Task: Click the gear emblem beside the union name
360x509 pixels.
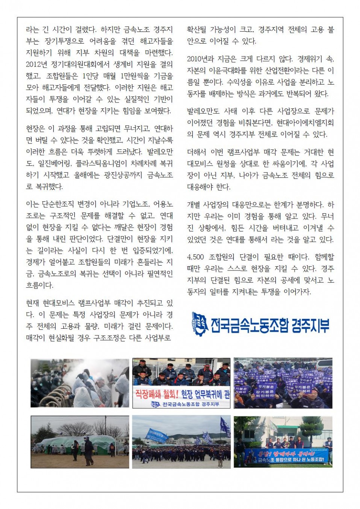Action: [200, 324]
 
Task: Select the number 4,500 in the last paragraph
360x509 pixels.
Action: [195, 257]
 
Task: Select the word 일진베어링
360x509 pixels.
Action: [54, 163]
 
